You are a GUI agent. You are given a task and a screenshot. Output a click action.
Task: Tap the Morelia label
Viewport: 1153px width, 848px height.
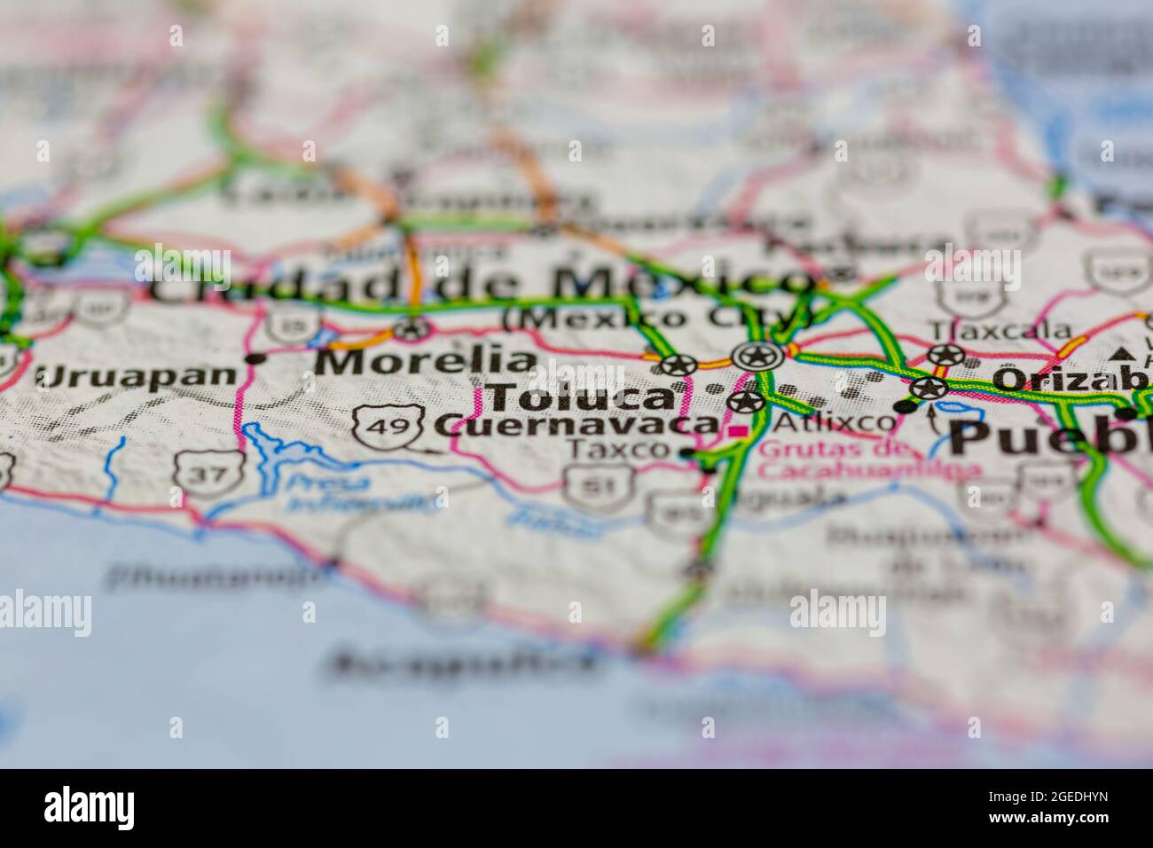coord(426,362)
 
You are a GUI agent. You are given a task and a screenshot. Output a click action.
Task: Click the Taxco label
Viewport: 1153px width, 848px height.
coord(618,450)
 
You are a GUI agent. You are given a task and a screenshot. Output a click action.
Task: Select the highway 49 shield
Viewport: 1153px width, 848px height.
coord(376,427)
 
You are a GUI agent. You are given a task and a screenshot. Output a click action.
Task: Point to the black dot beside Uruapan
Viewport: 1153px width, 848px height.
coord(257,358)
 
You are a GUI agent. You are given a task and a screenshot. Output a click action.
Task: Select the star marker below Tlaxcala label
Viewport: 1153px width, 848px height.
coord(945,356)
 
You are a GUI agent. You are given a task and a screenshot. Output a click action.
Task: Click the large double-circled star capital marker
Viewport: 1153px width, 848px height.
coord(757,357)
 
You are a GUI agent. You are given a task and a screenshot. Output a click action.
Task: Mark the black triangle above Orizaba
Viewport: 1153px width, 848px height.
coord(1124,354)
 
